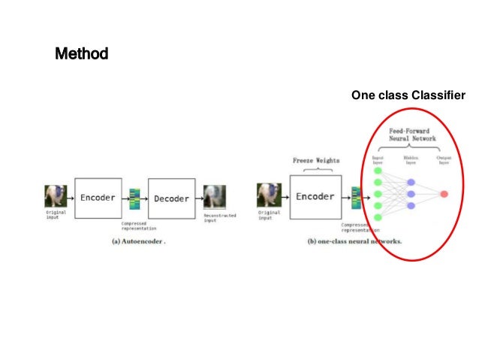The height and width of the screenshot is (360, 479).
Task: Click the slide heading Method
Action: pos(81,54)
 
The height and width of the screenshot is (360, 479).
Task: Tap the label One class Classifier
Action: pos(408,95)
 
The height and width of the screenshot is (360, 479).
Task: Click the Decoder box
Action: pos(171,198)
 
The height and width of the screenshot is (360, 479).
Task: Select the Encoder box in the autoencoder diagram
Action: pos(98,198)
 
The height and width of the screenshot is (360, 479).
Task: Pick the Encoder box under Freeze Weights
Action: pos(315,197)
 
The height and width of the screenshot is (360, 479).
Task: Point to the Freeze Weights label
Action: pos(315,161)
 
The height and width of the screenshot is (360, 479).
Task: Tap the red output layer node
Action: pos(444,194)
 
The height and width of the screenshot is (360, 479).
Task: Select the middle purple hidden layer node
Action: pos(410,194)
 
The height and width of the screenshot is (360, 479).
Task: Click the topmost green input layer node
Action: pos(378,171)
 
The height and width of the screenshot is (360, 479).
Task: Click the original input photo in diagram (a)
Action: pos(55,198)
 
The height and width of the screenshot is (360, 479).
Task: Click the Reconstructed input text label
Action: pos(219,218)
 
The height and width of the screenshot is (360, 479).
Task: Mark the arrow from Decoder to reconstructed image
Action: pos(199,199)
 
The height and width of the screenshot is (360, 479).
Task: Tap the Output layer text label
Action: pos(444,160)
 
